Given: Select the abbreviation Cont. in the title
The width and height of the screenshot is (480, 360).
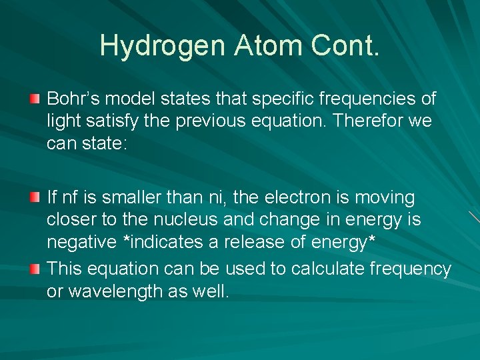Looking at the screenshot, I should [x=346, y=45].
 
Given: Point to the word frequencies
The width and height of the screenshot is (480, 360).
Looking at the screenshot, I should [x=372, y=99].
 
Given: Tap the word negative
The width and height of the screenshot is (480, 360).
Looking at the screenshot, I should [x=83, y=243].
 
